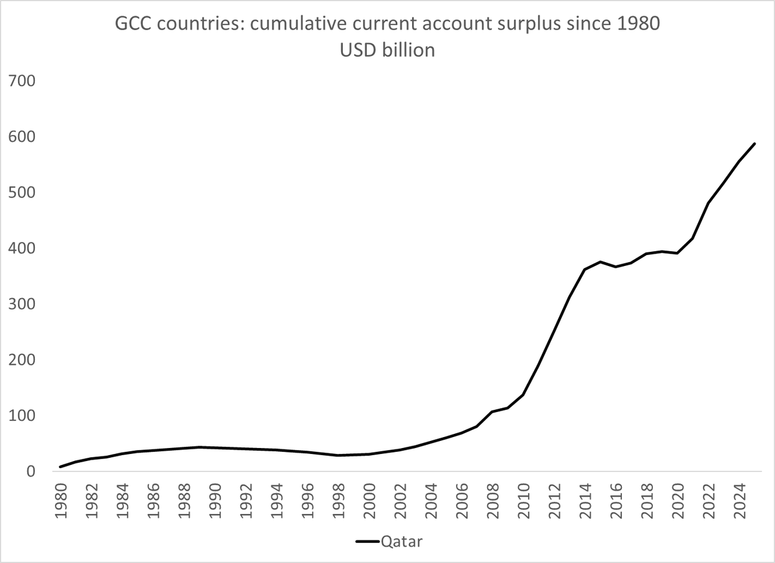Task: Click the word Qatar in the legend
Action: [401, 541]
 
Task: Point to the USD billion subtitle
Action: [387, 50]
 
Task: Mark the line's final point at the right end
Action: [754, 143]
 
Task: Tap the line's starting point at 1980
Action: [60, 466]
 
